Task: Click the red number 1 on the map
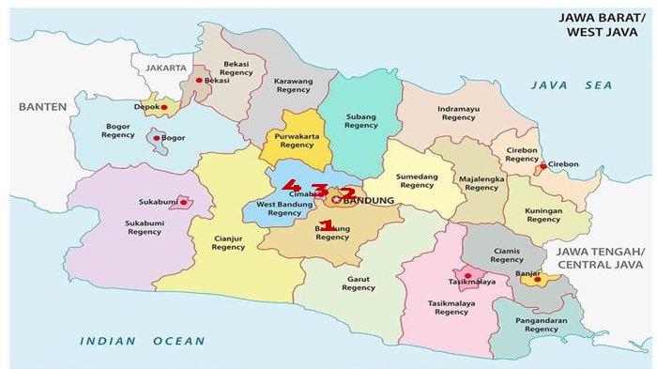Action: click(x=328, y=225)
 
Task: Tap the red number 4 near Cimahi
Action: click(x=293, y=185)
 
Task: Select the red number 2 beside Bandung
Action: click(x=346, y=193)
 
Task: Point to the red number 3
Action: click(x=320, y=192)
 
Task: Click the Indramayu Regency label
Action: click(x=458, y=114)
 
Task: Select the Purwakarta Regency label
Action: click(x=295, y=141)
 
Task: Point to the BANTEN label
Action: click(x=42, y=107)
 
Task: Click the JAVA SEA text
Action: click(x=571, y=85)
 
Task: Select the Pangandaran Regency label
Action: click(x=541, y=324)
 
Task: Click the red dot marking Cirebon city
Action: click(x=542, y=167)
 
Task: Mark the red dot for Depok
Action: click(x=164, y=108)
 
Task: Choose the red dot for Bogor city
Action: click(x=156, y=139)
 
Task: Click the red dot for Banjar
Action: click(x=536, y=278)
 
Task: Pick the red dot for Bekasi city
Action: click(x=199, y=81)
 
